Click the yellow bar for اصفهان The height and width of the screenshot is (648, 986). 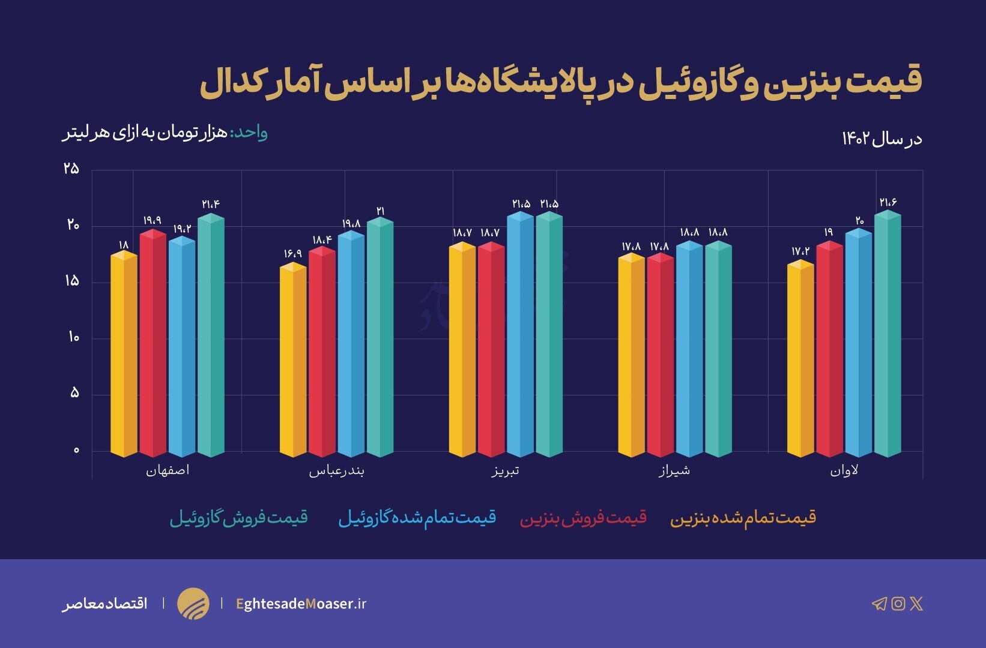(124, 354)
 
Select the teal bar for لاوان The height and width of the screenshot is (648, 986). (888, 336)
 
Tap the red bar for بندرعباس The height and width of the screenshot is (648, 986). (322, 354)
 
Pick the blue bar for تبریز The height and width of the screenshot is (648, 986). (520, 336)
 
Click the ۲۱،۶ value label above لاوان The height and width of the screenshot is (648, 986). (888, 203)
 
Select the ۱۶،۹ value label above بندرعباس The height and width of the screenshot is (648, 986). (293, 254)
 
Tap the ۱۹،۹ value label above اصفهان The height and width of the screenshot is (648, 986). (153, 221)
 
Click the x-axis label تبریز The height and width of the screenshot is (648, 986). (506, 471)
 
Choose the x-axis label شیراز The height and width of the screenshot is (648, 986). (674, 471)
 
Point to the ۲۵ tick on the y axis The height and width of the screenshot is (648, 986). (71, 169)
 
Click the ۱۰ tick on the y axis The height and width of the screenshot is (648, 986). (73, 338)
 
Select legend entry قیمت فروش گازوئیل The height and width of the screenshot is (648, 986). (239, 518)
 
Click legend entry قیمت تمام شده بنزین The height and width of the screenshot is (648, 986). (743, 518)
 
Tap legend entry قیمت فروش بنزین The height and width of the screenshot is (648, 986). (583, 518)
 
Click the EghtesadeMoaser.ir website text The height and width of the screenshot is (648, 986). (301, 604)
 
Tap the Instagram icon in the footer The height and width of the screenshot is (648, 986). (898, 604)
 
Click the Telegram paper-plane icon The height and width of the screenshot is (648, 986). (879, 604)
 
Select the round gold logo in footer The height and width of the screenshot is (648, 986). (193, 604)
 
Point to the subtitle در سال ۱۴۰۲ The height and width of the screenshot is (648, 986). (882, 139)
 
